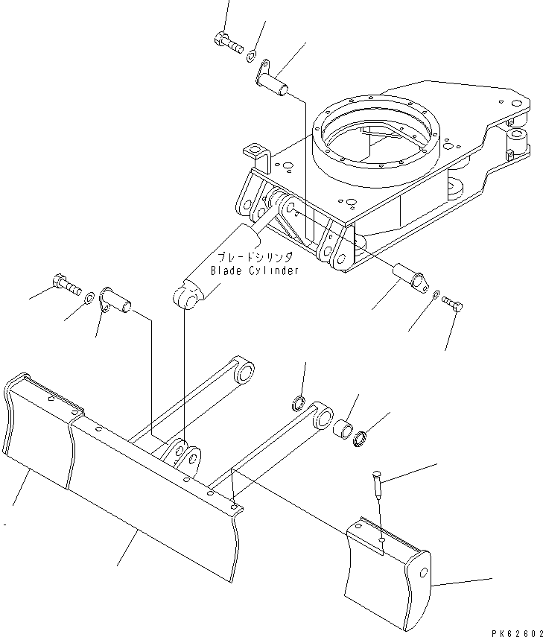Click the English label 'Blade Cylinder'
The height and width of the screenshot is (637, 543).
coord(255,270)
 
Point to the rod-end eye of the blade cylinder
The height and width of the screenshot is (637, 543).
coord(189,295)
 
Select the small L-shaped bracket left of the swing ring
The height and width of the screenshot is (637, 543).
coord(255,153)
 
